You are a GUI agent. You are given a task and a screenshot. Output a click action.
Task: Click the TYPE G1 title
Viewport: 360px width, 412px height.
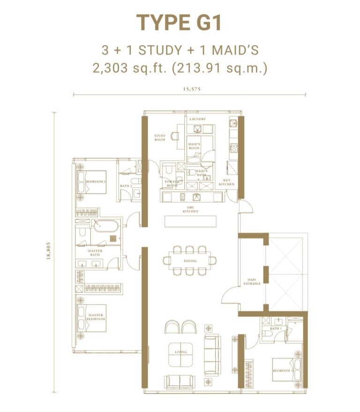[179, 23]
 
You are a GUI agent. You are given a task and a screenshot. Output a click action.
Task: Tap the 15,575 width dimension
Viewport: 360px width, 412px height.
[189, 89]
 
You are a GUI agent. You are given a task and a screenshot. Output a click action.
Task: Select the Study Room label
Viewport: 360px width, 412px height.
[160, 137]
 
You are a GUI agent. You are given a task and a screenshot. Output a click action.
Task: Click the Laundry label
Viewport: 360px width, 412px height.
[197, 119]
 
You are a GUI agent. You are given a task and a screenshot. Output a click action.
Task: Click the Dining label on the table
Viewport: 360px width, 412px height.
[190, 261]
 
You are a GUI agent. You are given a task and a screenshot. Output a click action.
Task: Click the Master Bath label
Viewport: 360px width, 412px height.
[95, 253]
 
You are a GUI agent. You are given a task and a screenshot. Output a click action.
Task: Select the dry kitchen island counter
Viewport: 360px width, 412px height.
[190, 221]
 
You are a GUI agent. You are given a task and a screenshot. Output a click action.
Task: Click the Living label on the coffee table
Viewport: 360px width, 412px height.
[181, 352]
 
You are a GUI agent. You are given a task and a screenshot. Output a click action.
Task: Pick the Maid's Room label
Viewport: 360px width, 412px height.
[194, 146]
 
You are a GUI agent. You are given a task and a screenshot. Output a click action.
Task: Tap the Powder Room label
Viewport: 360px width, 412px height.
[171, 183]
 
